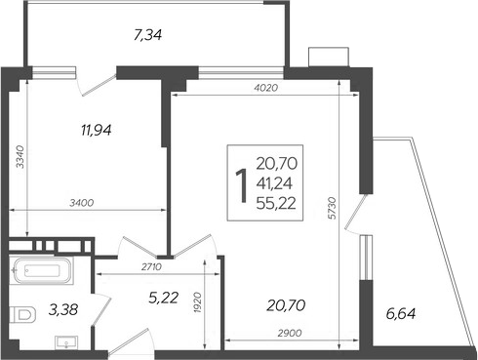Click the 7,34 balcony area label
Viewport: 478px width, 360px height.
point(147,36)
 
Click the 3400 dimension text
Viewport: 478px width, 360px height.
point(80,203)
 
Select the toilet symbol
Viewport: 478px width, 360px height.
point(20,314)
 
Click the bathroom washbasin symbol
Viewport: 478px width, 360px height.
point(65,340)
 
